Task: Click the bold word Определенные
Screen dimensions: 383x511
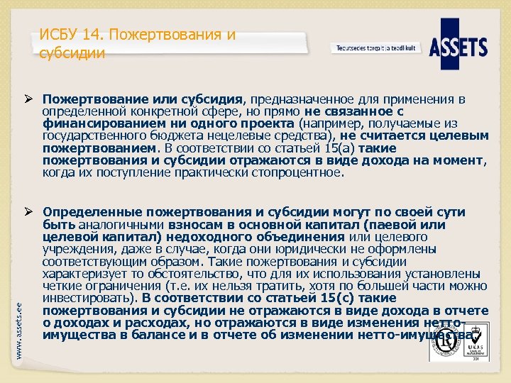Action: pos(85,211)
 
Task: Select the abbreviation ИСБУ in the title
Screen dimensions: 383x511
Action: pos(55,35)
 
